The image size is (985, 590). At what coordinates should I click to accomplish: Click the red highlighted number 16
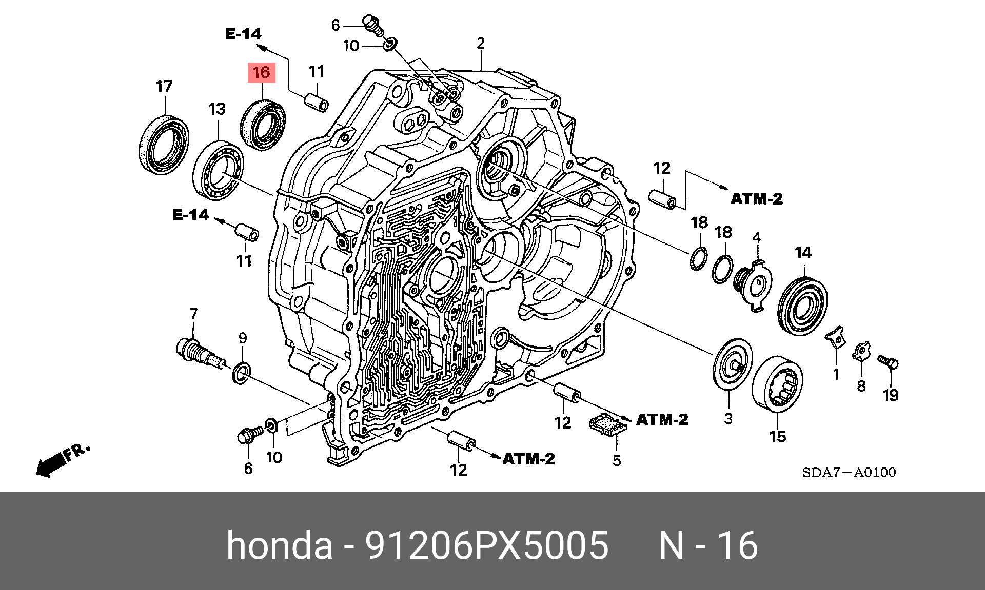[261, 73]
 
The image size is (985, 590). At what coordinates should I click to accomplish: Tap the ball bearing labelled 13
[218, 168]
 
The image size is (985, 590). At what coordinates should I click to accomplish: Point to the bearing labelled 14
[802, 306]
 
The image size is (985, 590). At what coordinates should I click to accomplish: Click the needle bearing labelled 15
[777, 383]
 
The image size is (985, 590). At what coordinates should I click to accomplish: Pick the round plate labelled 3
[733, 364]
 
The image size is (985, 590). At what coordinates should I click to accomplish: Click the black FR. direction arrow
[51, 464]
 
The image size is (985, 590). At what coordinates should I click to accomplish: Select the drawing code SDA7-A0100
[849, 472]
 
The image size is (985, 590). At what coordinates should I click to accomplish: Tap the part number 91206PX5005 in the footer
[486, 545]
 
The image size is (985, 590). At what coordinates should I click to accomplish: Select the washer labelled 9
[242, 373]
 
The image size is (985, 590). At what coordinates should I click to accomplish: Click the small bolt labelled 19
[888, 362]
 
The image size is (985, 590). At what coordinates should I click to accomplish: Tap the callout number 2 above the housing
[481, 43]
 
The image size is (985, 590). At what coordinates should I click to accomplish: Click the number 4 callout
[757, 237]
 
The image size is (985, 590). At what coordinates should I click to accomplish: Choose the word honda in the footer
[280, 545]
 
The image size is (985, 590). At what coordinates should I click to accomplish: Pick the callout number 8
[861, 386]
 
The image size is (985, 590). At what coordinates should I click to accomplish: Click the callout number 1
[836, 375]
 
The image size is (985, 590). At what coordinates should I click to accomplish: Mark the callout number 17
[164, 86]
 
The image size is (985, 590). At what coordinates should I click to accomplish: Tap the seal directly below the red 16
[263, 125]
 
